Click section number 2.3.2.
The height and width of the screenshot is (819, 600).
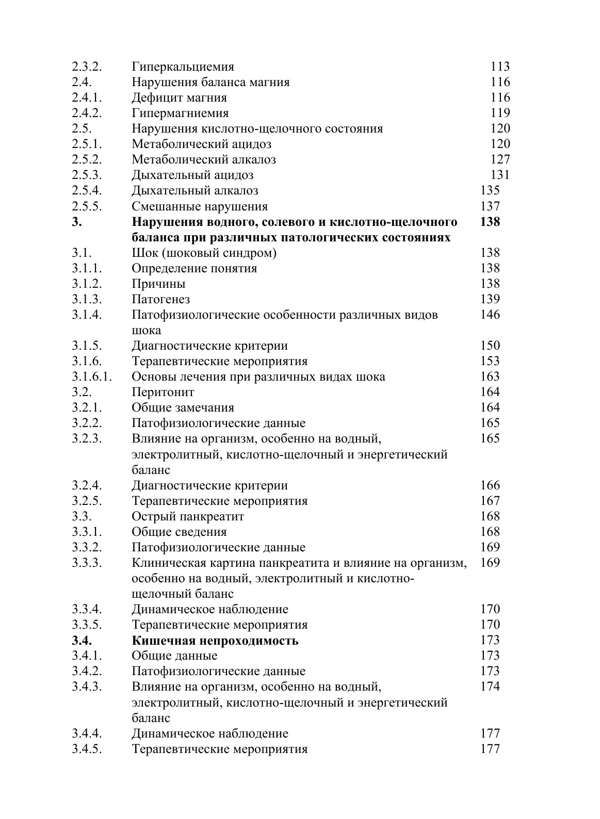click(x=87, y=67)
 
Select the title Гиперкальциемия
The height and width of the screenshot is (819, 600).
click(x=183, y=67)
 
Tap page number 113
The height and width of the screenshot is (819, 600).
click(x=500, y=67)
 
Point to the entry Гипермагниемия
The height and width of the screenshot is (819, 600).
click(x=180, y=113)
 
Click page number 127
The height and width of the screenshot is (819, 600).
click(x=500, y=159)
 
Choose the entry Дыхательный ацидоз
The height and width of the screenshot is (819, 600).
click(x=192, y=175)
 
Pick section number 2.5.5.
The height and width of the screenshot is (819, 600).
click(x=87, y=206)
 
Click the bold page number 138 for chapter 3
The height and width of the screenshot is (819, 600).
click(x=490, y=222)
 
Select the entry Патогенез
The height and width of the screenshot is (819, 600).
click(x=160, y=299)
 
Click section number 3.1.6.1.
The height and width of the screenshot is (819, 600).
click(x=92, y=376)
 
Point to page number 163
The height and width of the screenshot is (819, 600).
click(x=490, y=376)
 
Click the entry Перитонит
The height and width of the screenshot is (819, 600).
click(x=163, y=392)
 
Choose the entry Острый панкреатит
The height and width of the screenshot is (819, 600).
click(x=188, y=516)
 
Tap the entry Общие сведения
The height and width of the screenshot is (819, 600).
click(x=179, y=532)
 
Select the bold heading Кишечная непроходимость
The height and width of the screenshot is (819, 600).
click(x=215, y=641)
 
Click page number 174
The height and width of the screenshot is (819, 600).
click(x=490, y=686)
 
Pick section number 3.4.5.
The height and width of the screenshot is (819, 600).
click(x=87, y=749)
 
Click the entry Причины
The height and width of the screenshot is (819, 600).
click(x=158, y=284)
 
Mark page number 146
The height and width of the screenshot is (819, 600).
click(x=490, y=315)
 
